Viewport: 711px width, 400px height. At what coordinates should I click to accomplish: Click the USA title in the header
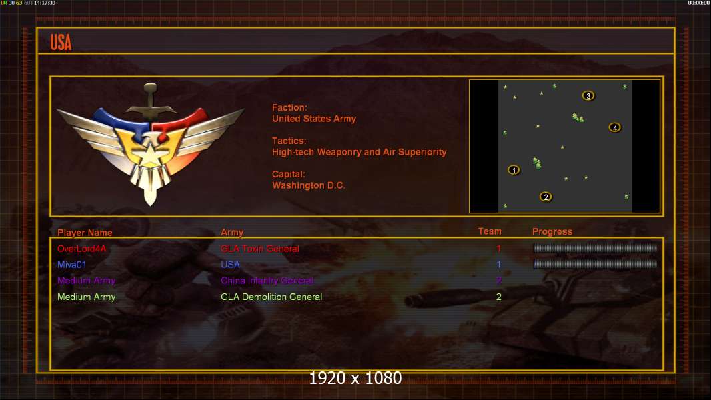(61, 43)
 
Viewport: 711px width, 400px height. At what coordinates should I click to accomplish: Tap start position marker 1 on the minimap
(514, 170)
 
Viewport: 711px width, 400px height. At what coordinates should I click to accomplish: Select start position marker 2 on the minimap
(546, 197)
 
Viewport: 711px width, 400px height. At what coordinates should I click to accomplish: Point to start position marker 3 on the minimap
(588, 96)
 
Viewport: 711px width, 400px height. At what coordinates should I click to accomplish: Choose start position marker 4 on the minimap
(614, 127)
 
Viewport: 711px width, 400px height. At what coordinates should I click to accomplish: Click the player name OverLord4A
(81, 249)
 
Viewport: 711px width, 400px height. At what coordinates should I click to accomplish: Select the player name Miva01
(72, 265)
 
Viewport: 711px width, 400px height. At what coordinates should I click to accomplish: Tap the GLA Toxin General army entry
(260, 249)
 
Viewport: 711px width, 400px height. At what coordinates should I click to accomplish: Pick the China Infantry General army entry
(267, 281)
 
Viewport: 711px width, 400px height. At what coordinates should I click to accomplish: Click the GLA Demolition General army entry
(271, 297)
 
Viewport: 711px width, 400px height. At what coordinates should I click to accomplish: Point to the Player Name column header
(85, 233)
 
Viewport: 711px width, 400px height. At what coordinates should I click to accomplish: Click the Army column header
(232, 233)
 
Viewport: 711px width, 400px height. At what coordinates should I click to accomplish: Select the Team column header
(490, 231)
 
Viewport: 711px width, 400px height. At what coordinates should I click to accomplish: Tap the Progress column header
(552, 231)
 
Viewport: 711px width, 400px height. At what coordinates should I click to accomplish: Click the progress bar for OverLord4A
(595, 248)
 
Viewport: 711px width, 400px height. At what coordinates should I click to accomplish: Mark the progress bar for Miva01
(595, 264)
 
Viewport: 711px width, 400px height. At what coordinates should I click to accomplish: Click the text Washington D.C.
(309, 185)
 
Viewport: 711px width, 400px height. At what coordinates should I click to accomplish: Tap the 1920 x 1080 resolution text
(355, 379)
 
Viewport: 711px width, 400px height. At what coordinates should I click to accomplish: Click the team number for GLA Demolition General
(498, 297)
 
